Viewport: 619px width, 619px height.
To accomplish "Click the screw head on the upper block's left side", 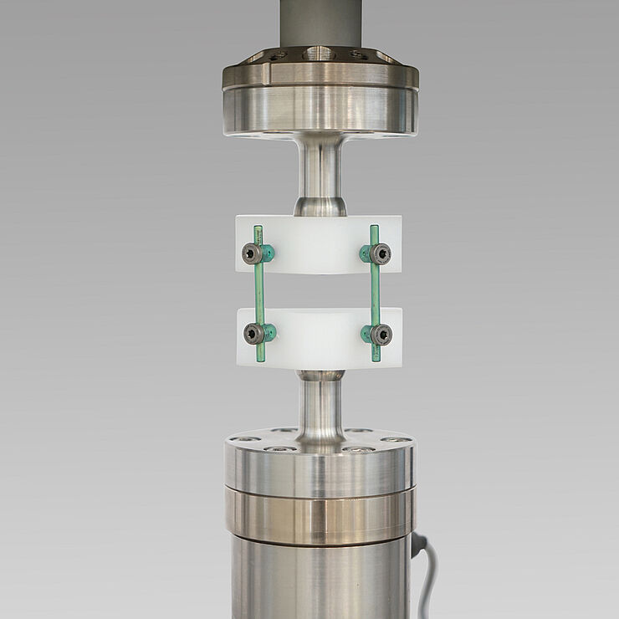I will [252, 253].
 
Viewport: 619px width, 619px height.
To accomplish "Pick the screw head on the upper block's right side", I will [381, 253].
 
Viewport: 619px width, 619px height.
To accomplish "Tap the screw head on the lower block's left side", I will [253, 334].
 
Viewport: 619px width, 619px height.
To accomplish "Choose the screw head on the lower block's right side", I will [381, 335].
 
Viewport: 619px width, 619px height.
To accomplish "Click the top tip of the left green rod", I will [258, 228].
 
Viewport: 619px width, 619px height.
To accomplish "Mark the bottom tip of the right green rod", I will [376, 359].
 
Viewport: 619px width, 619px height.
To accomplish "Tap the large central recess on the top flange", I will [320, 54].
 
